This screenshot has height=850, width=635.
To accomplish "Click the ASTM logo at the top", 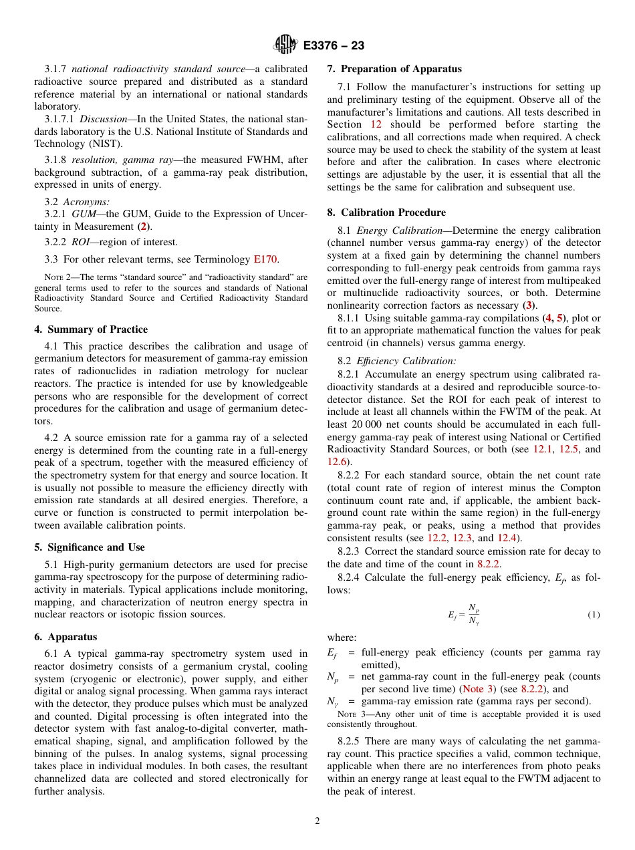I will click(x=285, y=45).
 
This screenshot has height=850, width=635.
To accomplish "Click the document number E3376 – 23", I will click(x=334, y=45).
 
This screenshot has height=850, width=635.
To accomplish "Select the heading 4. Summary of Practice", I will click(x=91, y=329).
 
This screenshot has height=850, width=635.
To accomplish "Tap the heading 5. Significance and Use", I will click(x=90, y=547).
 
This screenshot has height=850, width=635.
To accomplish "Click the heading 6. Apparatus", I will click(x=66, y=637).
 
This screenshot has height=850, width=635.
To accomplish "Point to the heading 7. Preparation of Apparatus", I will click(x=394, y=69).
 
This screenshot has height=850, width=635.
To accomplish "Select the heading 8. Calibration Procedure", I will click(x=386, y=212).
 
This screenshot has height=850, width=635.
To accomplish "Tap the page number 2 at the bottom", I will click(x=317, y=821).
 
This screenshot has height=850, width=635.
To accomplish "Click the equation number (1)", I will click(x=594, y=614).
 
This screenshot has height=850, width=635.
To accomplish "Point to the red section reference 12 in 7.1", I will click(x=376, y=125).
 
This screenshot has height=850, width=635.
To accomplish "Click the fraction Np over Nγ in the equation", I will click(x=474, y=614).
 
